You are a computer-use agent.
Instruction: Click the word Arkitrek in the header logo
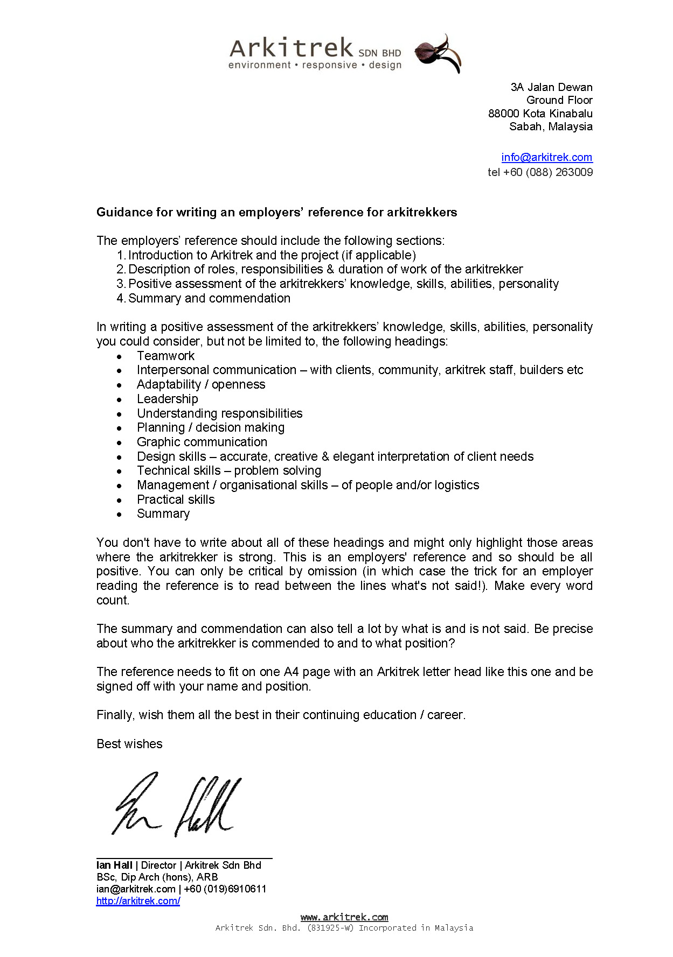[x=291, y=48]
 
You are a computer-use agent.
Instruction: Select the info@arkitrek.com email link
[x=546, y=157]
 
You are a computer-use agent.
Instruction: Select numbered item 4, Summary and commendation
[x=209, y=298]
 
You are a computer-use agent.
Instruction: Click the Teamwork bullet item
[x=165, y=356]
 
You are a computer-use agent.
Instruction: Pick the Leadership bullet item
[x=167, y=399]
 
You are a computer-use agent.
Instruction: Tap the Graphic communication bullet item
[x=202, y=442]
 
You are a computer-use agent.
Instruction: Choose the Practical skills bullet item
[x=176, y=499]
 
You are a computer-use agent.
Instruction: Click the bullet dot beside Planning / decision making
[x=120, y=428]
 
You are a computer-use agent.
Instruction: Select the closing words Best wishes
[x=129, y=744]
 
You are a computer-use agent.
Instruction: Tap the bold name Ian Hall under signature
[x=114, y=865]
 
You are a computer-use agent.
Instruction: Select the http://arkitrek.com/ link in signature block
[x=138, y=900]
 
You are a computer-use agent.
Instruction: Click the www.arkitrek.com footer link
[x=344, y=917]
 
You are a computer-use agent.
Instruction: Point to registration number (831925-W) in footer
[x=330, y=927]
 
